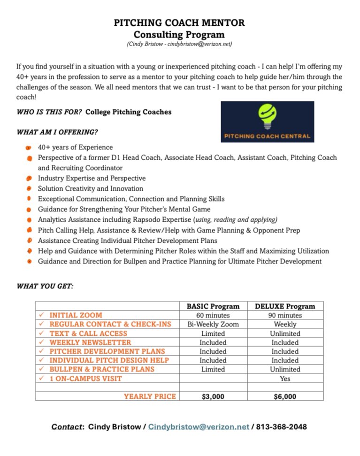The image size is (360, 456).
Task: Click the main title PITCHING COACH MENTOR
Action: click(x=179, y=23)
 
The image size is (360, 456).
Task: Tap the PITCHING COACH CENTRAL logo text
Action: click(x=267, y=136)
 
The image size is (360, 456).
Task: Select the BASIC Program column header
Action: click(x=213, y=306)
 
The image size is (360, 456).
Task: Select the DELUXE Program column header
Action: click(x=285, y=306)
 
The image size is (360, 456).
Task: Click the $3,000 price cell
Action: click(x=213, y=396)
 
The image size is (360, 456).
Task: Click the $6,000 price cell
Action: click(x=285, y=396)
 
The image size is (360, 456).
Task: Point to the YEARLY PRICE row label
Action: click(x=150, y=396)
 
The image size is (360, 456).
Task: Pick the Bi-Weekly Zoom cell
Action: click(x=213, y=324)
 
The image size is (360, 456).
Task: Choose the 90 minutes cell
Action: click(x=285, y=315)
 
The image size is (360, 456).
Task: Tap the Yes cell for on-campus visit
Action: click(x=285, y=379)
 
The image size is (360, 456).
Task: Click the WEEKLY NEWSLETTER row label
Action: click(x=90, y=342)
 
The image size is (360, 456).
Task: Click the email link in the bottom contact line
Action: click(x=199, y=427)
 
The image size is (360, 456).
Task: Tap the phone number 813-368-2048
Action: click(x=282, y=427)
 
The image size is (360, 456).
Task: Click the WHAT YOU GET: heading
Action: click(x=45, y=286)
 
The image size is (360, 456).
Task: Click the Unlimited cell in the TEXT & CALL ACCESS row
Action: click(x=285, y=333)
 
